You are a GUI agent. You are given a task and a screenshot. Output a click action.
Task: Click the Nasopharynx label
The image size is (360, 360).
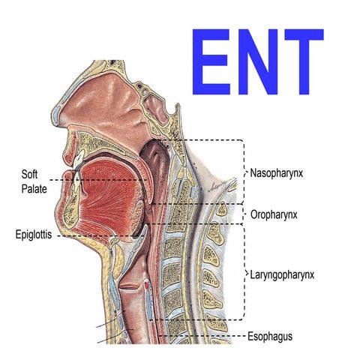coord(277,173)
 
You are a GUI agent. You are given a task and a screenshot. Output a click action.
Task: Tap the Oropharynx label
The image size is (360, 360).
coord(274,214)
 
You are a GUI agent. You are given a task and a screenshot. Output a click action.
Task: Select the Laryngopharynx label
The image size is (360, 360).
coord(282,275)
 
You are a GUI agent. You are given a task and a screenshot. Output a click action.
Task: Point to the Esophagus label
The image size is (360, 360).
coord(270,336)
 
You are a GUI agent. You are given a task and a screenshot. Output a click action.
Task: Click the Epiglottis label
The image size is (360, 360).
coord(34,235)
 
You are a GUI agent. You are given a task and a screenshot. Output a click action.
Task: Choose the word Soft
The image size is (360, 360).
coord(29,174)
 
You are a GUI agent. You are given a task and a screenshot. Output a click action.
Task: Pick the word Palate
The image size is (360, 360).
coord(34,189)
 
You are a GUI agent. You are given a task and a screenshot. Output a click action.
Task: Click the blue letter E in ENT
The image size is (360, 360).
coord(211,61)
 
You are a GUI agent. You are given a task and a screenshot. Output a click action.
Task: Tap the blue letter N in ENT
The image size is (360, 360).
coord(258,61)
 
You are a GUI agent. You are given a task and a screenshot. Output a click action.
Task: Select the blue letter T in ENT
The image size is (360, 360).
coord(304,61)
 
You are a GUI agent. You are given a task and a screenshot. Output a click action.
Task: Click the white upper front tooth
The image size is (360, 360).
coord(78,160)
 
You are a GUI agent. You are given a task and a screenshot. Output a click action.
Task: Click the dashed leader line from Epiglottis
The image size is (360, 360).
coord(100,235)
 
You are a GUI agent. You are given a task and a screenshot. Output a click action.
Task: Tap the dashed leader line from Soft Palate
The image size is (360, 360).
coord(98,180)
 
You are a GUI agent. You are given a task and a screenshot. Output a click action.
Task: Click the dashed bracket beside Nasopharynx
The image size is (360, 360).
coord(243,172)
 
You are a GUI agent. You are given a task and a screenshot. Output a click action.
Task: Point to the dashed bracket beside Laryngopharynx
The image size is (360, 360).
coord(244,272)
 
